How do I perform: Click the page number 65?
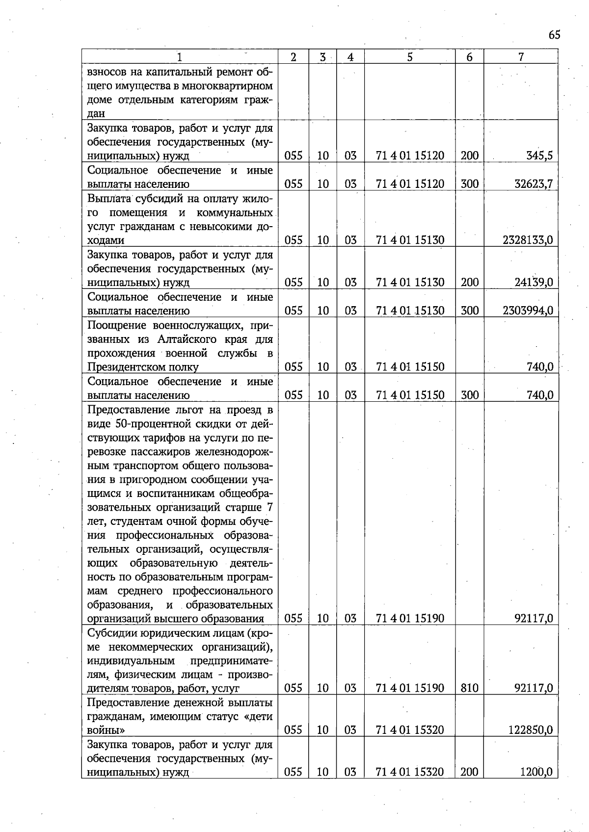(554, 35)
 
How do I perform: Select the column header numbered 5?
(409, 57)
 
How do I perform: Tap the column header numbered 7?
(521, 57)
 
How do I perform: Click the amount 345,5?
(539, 156)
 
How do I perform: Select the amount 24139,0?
(534, 283)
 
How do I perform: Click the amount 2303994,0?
(528, 311)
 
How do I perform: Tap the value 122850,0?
(530, 730)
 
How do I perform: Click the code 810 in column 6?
(469, 688)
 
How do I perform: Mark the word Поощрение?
(116, 325)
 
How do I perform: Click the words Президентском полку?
(143, 367)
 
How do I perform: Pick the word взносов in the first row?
(108, 73)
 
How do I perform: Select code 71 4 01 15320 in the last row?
(409, 772)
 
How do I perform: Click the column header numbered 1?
(180, 57)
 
